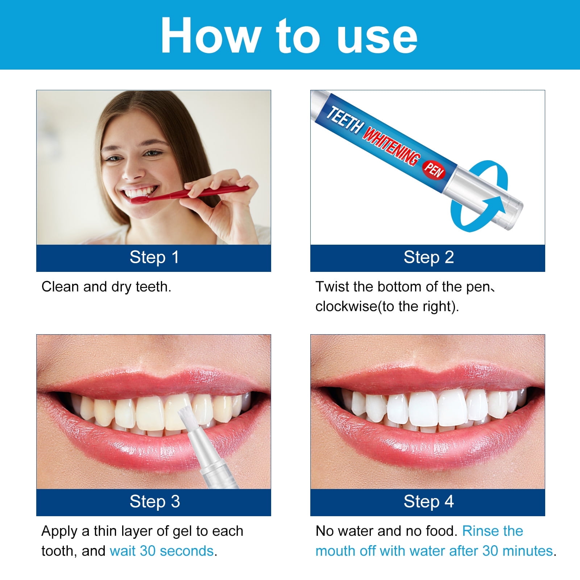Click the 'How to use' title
(x=289, y=36)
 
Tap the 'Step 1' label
(x=154, y=257)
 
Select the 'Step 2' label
(x=428, y=257)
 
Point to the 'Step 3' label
(x=154, y=502)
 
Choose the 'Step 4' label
(x=428, y=502)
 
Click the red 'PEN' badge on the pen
(x=434, y=170)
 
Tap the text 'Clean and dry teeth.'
(x=106, y=287)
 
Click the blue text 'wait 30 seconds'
(x=162, y=551)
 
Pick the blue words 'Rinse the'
(x=493, y=531)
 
